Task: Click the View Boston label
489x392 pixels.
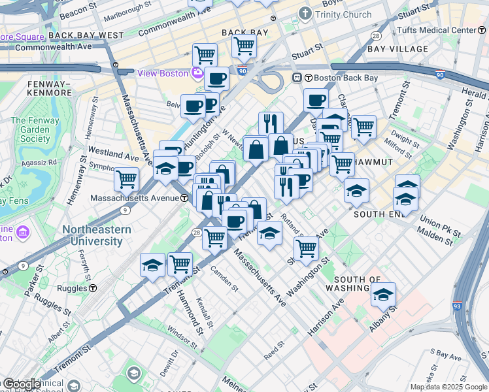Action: (x=162, y=73)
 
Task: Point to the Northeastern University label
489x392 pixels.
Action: (x=97, y=235)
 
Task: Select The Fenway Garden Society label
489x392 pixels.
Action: (x=35, y=129)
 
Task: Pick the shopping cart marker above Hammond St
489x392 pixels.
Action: (x=180, y=264)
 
